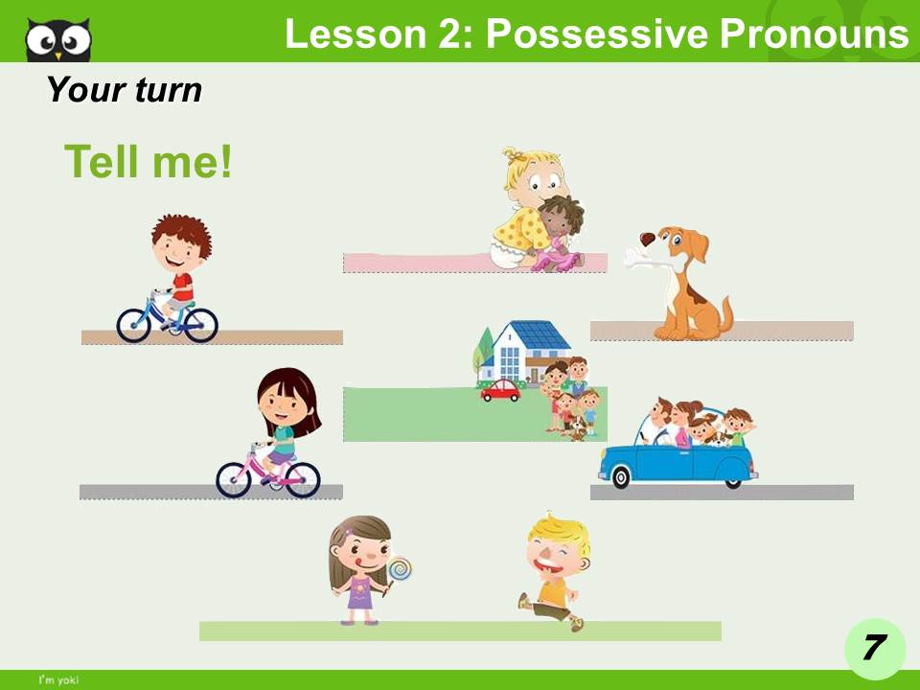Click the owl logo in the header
point(58,38)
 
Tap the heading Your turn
point(125,90)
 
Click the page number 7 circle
point(874,648)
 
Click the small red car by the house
point(500,390)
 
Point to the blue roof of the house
point(539,334)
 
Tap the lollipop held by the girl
point(401,569)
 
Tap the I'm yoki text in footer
point(58,680)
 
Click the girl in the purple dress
point(360,570)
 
